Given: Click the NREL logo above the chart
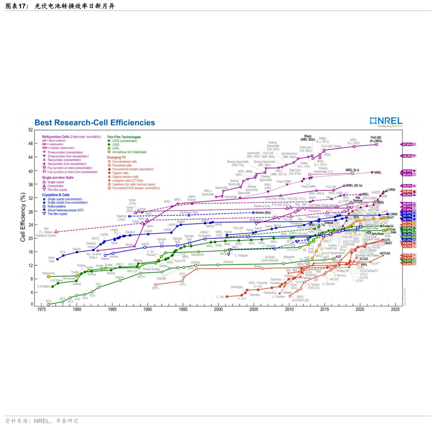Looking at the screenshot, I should pos(386,121).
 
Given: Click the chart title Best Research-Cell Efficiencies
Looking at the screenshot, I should pos(94,122).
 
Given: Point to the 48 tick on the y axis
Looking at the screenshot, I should pos(30,143).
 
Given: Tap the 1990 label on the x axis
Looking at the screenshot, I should pos(148,309).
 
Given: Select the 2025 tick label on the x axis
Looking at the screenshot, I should pos(395,309).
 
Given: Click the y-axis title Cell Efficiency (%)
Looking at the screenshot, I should pos(23,217).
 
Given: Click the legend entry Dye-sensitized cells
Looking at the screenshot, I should pos(124,161).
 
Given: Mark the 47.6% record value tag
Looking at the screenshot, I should pos(407,144).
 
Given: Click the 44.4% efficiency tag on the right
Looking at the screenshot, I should pos(407,156).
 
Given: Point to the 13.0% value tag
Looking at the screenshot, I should pos(407,264).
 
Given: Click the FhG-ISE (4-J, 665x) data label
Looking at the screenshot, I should pos(376,139).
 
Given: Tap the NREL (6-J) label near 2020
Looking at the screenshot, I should pos(352,170).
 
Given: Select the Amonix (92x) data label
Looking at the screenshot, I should pos(262,212).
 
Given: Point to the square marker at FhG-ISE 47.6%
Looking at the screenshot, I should pos(377,144).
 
